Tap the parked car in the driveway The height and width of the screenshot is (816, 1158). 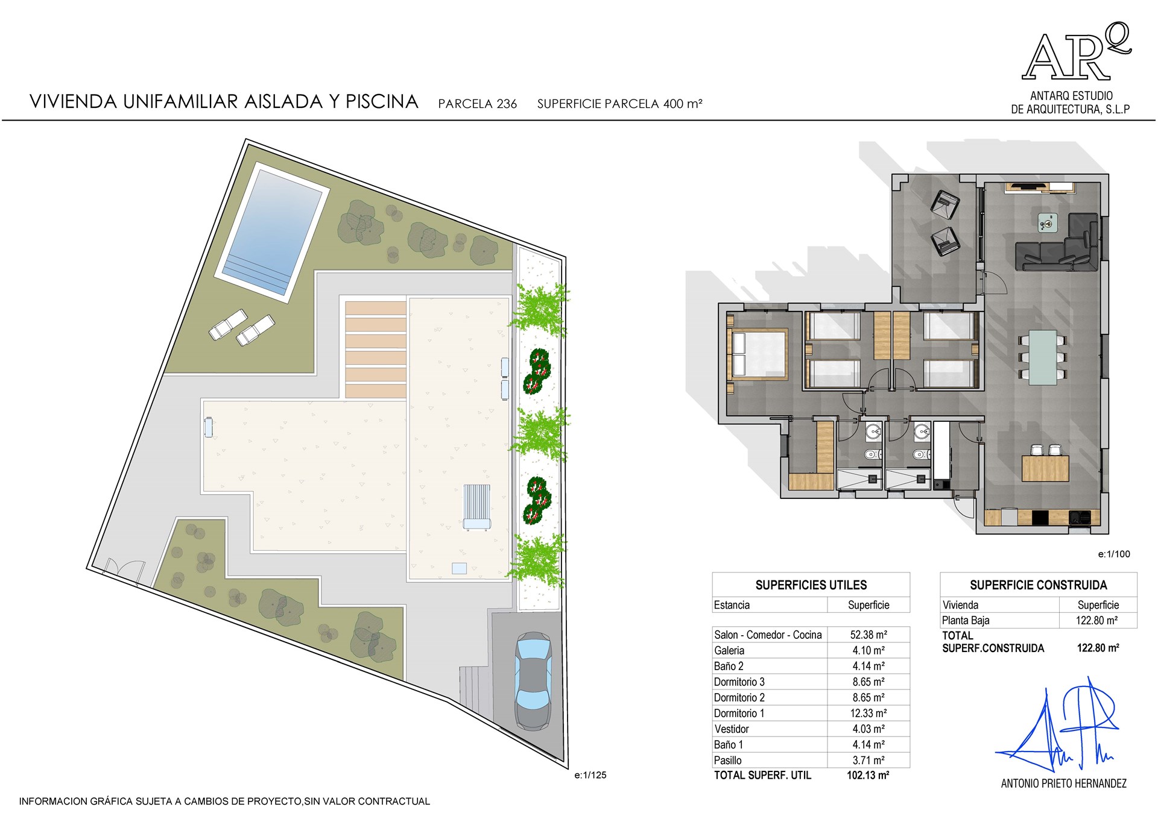(533, 681)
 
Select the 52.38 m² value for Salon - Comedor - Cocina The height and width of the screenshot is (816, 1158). (868, 635)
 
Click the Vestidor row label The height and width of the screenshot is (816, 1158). (732, 729)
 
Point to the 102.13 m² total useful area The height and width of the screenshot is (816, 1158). (868, 776)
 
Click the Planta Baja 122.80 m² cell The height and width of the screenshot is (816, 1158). (1098, 620)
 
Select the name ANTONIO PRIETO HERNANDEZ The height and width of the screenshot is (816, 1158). (1064, 783)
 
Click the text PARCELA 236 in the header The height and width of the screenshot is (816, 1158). (478, 104)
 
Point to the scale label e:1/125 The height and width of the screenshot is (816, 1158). (590, 775)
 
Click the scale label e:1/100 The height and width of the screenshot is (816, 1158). (1114, 554)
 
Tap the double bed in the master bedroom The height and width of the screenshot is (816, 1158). (758, 354)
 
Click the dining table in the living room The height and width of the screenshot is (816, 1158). (1043, 357)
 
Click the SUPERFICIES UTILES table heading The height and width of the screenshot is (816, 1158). (811, 585)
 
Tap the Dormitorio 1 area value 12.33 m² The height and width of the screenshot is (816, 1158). (868, 713)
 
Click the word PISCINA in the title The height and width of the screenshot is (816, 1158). (382, 101)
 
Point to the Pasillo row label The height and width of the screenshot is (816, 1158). (728, 760)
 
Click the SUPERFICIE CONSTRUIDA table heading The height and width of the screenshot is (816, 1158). (1039, 585)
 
